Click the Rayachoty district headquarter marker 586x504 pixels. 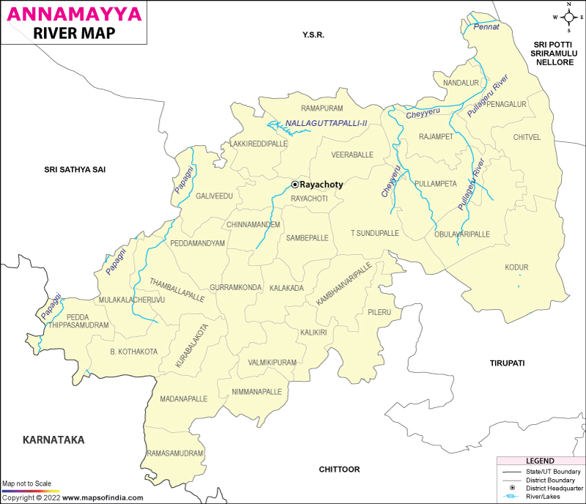pyautogui.click(x=295, y=185)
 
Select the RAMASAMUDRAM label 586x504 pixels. pyautogui.click(x=174, y=453)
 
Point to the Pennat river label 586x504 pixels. pyautogui.click(x=486, y=27)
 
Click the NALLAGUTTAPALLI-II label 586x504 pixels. pyautogui.click(x=326, y=123)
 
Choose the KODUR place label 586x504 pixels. pyautogui.click(x=516, y=267)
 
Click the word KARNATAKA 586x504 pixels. pyautogui.click(x=53, y=440)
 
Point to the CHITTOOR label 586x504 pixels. pyautogui.click(x=341, y=469)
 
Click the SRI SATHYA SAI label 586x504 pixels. pyautogui.click(x=75, y=169)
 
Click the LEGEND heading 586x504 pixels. pyautogui.click(x=540, y=460)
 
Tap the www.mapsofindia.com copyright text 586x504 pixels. pyautogui.click(x=100, y=497)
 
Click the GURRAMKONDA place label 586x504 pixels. pyautogui.click(x=235, y=288)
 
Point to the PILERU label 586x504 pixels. pyautogui.click(x=380, y=312)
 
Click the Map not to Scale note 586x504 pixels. pyautogui.click(x=26, y=484)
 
